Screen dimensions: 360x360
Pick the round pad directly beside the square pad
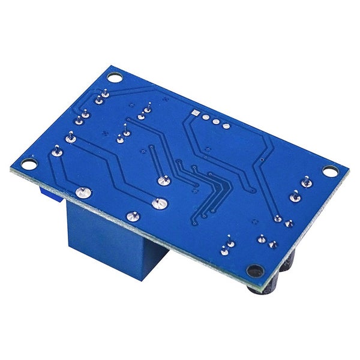(x=205, y=118)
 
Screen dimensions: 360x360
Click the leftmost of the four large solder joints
(x=83, y=193)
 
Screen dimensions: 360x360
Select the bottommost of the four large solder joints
(x=132, y=215)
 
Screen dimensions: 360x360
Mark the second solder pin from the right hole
(x=295, y=194)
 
